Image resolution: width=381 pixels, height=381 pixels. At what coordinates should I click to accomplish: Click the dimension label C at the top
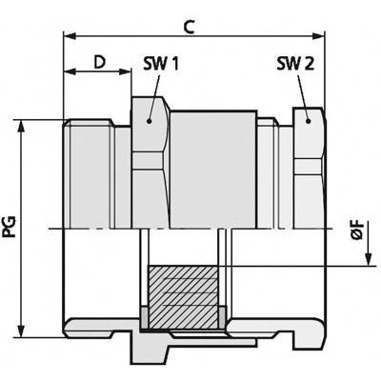point(189,27)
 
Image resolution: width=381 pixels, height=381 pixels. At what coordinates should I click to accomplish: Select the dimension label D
point(99,63)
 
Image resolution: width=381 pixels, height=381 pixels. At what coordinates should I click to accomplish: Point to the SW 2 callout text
point(293,65)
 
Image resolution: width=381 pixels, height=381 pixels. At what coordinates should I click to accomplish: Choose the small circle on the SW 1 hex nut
point(150,121)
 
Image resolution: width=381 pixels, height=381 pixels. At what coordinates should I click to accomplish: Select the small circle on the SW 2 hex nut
point(311,121)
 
